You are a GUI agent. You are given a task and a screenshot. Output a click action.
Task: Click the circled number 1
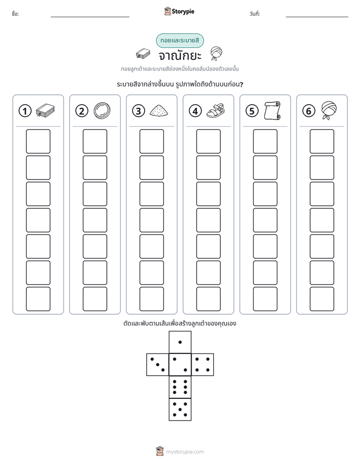click(x=25, y=111)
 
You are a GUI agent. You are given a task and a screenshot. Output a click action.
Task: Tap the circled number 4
click(x=195, y=111)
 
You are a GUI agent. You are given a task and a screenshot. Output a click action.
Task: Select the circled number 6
click(x=309, y=111)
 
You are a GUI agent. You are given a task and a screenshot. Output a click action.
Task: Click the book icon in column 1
click(x=45, y=110)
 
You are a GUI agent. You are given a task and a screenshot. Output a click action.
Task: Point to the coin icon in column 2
click(x=102, y=110)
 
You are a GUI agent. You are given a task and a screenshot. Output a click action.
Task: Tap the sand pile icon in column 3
click(x=159, y=110)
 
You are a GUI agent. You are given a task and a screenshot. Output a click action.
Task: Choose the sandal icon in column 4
click(x=216, y=110)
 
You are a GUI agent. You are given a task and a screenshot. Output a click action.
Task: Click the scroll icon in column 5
click(x=272, y=110)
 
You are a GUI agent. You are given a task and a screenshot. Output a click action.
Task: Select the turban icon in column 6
click(x=329, y=110)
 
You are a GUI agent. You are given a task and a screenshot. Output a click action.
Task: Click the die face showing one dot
click(x=180, y=342)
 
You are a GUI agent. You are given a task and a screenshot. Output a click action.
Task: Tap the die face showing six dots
click(x=180, y=387)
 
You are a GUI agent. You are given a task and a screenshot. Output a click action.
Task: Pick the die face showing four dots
click(x=203, y=365)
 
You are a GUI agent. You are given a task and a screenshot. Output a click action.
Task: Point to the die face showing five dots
click(x=180, y=410)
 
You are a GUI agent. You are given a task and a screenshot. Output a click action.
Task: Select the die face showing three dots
click(x=158, y=365)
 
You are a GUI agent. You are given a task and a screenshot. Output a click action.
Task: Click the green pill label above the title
click(x=179, y=40)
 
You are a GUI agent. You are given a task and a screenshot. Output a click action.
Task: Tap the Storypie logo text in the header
click(x=183, y=12)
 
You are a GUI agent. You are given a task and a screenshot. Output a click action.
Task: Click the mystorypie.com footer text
click(x=185, y=452)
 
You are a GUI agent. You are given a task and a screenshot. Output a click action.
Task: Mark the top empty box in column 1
click(x=38, y=141)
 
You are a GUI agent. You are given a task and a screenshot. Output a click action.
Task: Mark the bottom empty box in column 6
click(x=322, y=299)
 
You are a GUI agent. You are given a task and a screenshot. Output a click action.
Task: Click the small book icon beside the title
click(x=143, y=54)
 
